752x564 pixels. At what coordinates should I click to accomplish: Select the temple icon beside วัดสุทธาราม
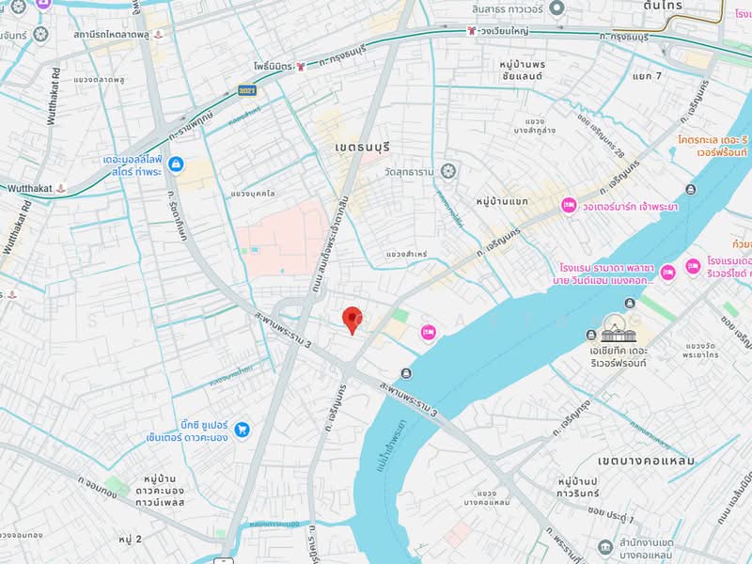click(449, 171)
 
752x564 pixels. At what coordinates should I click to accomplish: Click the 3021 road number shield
click(247, 90)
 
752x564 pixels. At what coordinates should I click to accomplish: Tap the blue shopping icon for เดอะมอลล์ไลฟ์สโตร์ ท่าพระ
click(176, 164)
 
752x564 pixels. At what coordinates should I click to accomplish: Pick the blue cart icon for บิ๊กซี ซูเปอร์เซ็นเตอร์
click(243, 429)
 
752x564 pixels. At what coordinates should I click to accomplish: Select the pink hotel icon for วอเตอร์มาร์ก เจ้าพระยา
click(568, 205)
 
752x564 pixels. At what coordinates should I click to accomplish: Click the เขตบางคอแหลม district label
click(645, 461)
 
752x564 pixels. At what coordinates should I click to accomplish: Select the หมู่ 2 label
click(130, 539)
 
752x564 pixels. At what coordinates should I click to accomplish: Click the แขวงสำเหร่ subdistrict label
click(406, 255)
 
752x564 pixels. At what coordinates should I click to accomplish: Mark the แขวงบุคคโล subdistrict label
click(253, 194)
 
